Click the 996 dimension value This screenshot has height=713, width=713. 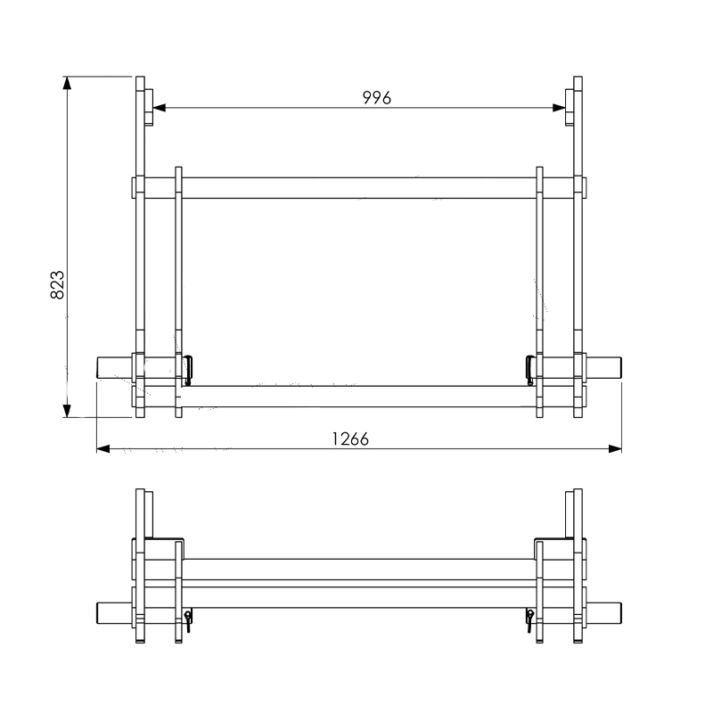click(376, 98)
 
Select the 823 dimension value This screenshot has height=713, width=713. click(57, 285)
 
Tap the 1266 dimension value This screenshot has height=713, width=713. click(350, 439)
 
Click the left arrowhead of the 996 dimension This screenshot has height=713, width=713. click(160, 108)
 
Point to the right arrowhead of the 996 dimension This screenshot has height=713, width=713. click(559, 108)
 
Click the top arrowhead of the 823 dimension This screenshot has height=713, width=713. click(67, 83)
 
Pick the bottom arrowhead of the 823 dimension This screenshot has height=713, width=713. click(67, 411)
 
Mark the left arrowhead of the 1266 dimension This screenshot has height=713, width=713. click(103, 449)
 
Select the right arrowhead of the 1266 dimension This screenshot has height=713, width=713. click(615, 449)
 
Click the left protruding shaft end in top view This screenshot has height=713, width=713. click(114, 367)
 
